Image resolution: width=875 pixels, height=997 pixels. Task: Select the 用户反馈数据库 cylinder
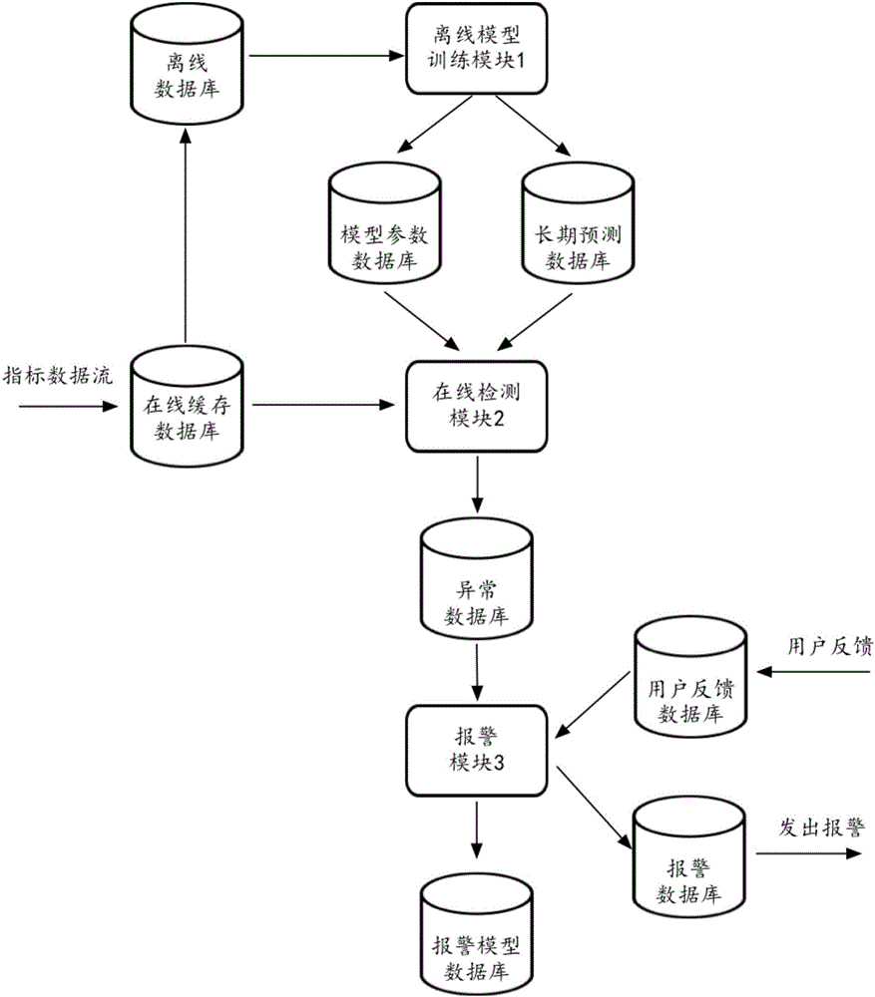pyautogui.click(x=688, y=678)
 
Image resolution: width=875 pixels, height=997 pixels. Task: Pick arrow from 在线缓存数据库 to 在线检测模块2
pyautogui.click(x=319, y=406)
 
